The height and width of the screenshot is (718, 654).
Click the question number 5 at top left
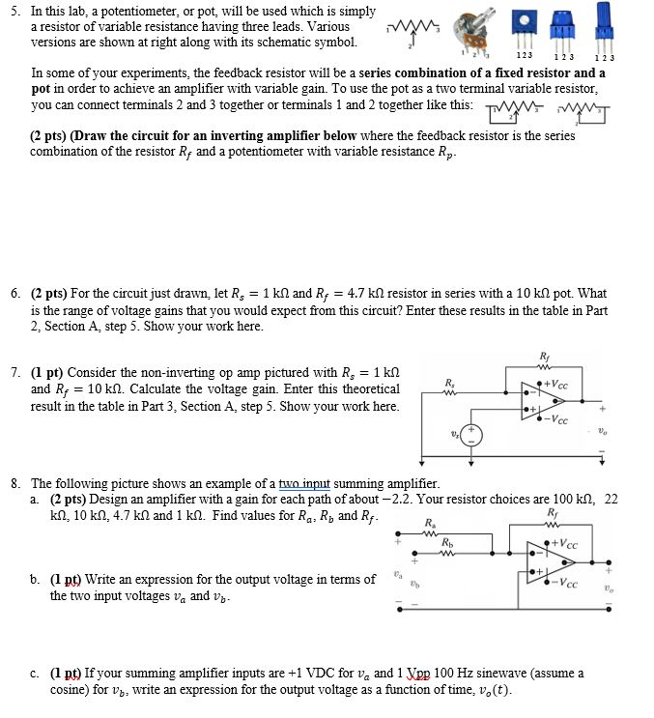[x=15, y=11]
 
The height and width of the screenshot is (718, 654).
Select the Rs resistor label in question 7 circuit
[x=450, y=384]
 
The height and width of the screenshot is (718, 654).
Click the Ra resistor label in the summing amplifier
[x=429, y=523]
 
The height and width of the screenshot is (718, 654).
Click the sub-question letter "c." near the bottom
[x=35, y=674]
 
